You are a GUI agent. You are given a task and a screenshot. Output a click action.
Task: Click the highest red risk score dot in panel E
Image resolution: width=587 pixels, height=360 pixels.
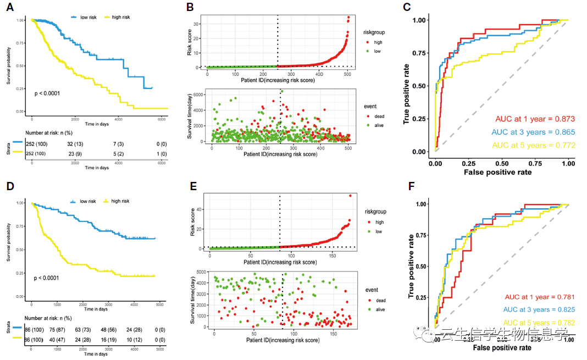(350, 195)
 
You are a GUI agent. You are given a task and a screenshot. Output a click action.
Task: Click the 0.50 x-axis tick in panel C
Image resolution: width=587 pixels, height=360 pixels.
(502, 163)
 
